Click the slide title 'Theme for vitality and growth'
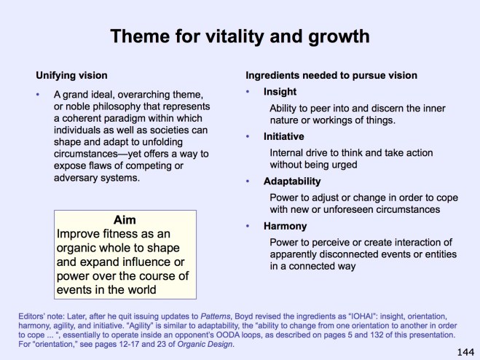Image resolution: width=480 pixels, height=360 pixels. coord(240,36)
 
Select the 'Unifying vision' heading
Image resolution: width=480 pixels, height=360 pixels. coord(72,75)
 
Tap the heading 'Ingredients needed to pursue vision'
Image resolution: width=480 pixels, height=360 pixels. coord(330,75)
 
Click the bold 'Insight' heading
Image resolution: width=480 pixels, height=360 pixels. coord(280,91)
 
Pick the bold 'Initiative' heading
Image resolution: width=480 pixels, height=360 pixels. coord(283,136)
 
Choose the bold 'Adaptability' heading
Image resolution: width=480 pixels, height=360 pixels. coord(291,181)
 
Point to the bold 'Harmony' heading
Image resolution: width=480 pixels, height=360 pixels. coord(285,226)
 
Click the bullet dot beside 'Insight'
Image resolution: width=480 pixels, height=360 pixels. coord(248,91)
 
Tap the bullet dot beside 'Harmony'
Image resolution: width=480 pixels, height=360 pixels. coord(248,226)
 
